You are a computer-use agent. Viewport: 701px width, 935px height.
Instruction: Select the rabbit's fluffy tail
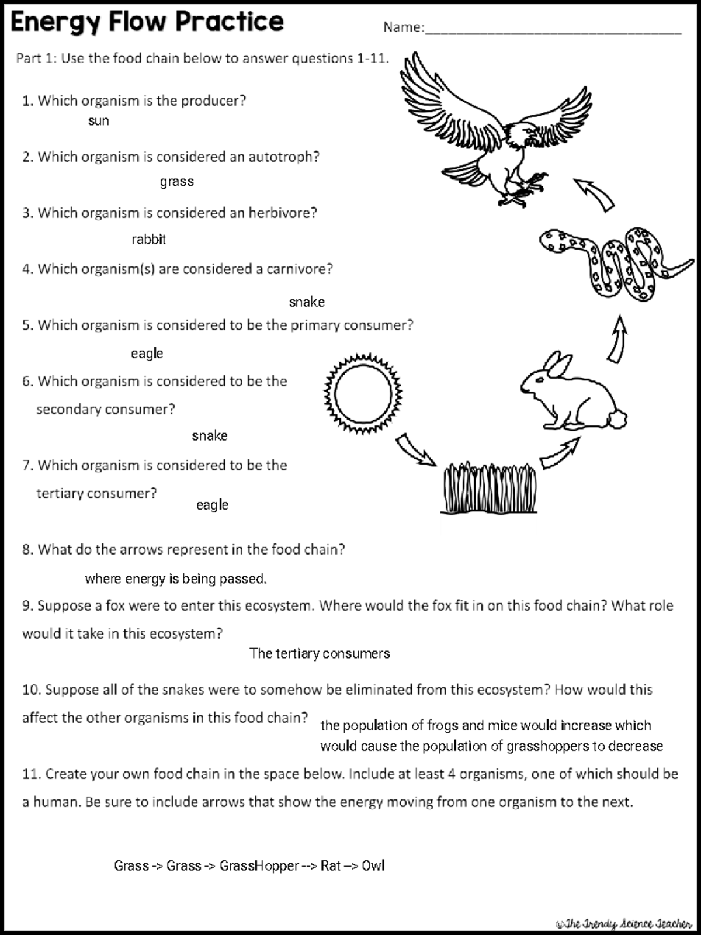pyautogui.click(x=617, y=418)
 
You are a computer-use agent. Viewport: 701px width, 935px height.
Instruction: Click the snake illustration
pyautogui.click(x=613, y=263)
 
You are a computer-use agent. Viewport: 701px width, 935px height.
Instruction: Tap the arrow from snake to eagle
pyautogui.click(x=595, y=193)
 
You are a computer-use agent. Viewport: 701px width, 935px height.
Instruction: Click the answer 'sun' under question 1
pyautogui.click(x=98, y=121)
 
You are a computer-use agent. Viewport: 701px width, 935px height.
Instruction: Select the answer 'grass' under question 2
pyautogui.click(x=176, y=182)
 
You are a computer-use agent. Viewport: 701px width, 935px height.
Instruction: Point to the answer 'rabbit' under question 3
pyautogui.click(x=148, y=239)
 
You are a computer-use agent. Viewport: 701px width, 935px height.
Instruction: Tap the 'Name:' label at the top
pyautogui.click(x=403, y=27)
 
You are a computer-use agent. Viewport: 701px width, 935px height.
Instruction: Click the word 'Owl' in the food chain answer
pyautogui.click(x=373, y=865)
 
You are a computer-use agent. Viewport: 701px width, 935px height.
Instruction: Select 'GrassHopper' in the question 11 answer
pyautogui.click(x=259, y=865)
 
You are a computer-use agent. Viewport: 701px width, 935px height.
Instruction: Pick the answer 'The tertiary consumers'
pyautogui.click(x=320, y=653)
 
